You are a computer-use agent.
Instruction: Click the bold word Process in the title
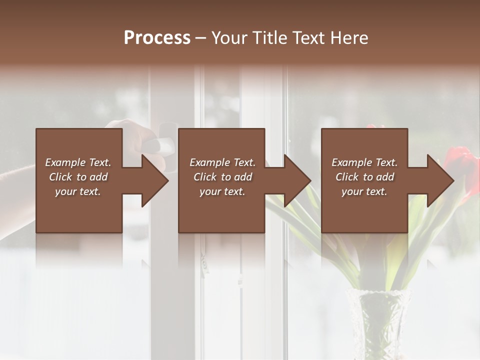pyautogui.click(x=157, y=38)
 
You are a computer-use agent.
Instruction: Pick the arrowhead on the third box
pyautogui.click(x=439, y=180)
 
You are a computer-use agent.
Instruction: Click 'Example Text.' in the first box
pyautogui.click(x=78, y=162)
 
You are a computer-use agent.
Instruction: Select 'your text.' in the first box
pyautogui.click(x=78, y=191)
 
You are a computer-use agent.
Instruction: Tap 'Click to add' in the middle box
pyautogui.click(x=222, y=177)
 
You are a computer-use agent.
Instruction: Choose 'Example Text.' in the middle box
pyautogui.click(x=222, y=162)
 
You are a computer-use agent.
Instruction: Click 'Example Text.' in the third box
pyautogui.click(x=364, y=162)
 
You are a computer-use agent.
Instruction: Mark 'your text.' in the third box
pyautogui.click(x=364, y=191)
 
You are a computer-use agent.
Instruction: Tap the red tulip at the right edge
pyautogui.click(x=462, y=160)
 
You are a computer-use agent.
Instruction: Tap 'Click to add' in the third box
pyautogui.click(x=364, y=177)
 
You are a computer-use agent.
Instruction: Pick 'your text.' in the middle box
pyautogui.click(x=222, y=191)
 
